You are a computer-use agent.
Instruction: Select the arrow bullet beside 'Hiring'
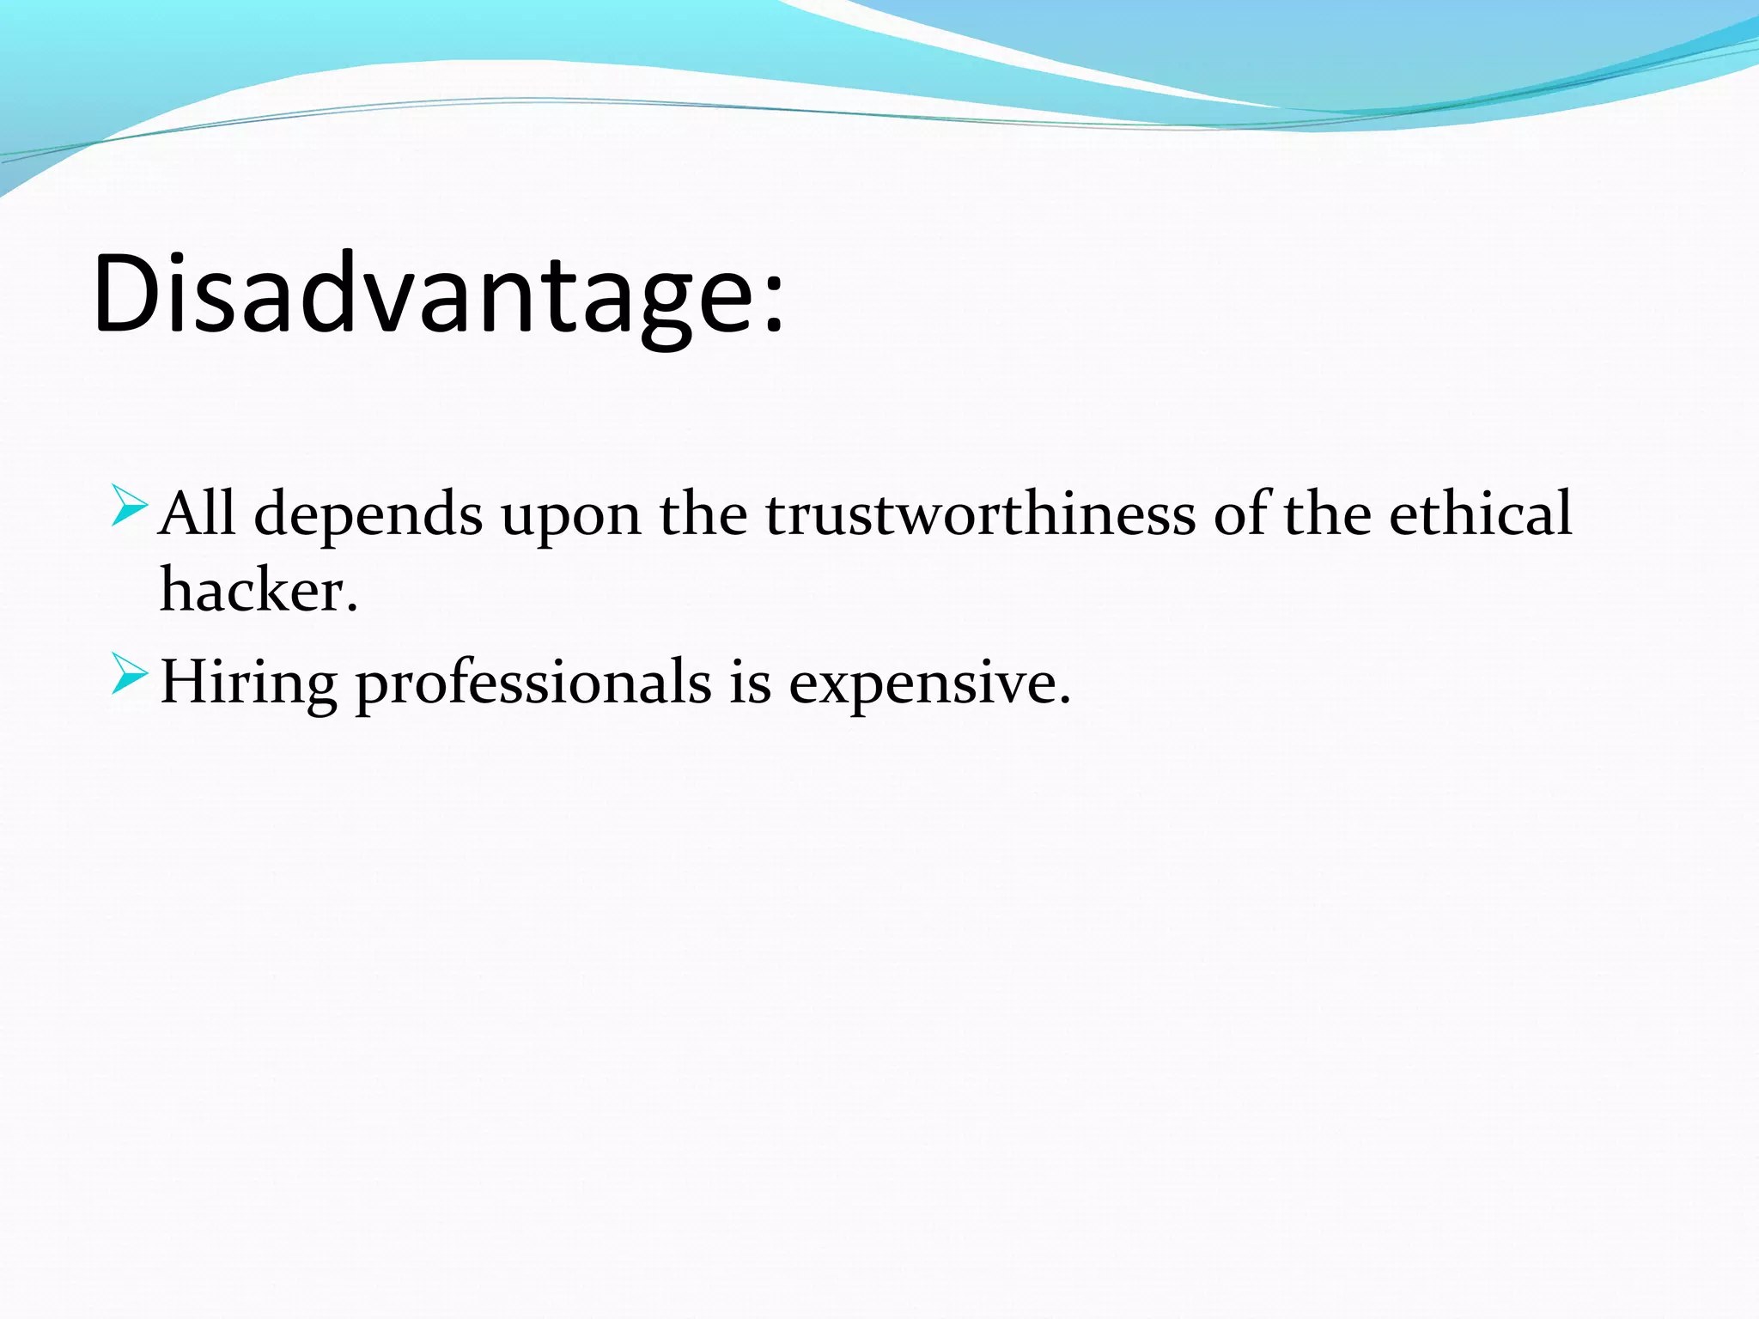tap(130, 674)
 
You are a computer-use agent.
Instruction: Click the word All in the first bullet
tap(197, 513)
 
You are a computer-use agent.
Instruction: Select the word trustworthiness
tap(980, 513)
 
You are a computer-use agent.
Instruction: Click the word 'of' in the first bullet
tap(1243, 513)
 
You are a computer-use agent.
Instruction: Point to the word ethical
tap(1480, 513)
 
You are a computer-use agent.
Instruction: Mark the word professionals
tap(533, 684)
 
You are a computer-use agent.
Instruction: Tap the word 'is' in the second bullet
tap(750, 683)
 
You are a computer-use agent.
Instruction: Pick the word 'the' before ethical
tap(1327, 513)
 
